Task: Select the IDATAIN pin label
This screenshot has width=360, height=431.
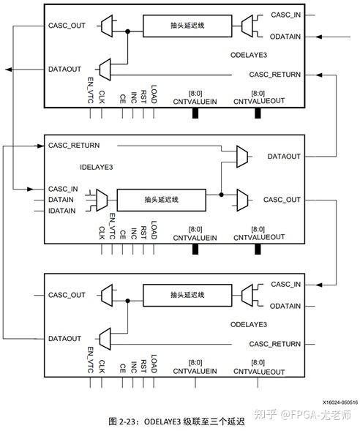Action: pos(65,212)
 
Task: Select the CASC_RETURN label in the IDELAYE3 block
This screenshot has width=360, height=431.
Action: pos(74,146)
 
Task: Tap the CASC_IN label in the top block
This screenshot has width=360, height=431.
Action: pos(286,14)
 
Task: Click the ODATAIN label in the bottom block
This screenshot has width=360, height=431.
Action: pos(285,306)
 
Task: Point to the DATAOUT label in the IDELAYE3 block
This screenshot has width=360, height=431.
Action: pos(282,157)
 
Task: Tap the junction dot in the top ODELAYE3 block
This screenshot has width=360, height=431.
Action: pos(129,31)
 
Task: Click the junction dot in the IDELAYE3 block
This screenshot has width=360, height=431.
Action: pos(221,195)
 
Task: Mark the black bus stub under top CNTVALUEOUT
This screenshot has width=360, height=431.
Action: pos(258,114)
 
